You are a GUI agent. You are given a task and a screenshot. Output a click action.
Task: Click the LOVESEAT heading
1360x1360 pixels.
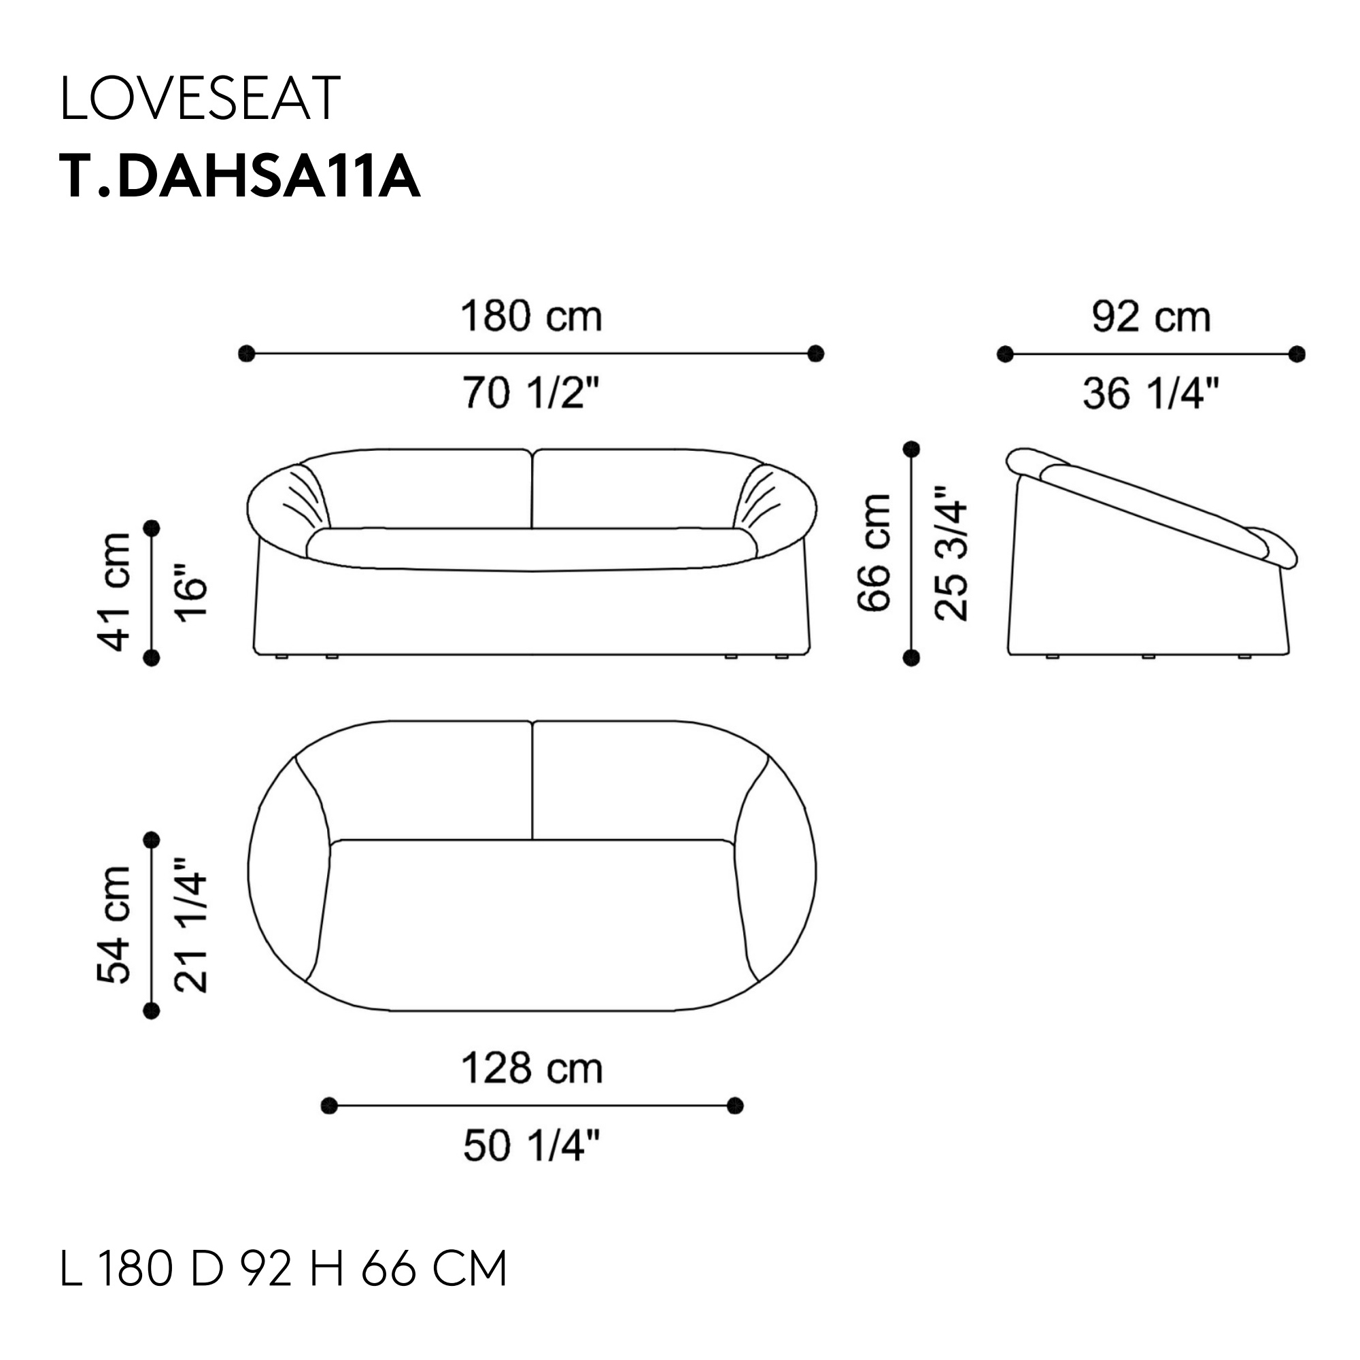click(201, 99)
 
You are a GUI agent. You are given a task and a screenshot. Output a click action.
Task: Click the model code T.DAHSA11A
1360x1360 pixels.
click(240, 177)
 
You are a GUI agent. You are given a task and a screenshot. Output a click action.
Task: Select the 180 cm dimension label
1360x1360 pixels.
click(532, 317)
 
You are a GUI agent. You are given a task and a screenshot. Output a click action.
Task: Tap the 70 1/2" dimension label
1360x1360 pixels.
click(532, 392)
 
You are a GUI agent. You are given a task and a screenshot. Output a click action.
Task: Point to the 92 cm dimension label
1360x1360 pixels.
click(1151, 317)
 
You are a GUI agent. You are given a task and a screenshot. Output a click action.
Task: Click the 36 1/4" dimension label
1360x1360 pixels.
click(1151, 393)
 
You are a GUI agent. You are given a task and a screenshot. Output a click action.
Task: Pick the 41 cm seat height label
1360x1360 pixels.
click(114, 592)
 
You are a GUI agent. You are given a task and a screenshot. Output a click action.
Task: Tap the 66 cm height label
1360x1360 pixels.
click(874, 553)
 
